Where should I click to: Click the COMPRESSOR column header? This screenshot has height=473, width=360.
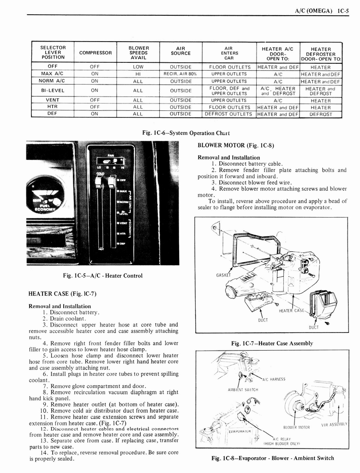click(96, 53)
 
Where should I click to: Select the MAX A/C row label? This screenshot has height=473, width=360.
click(53, 74)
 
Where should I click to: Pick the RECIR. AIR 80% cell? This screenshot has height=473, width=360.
click(180, 74)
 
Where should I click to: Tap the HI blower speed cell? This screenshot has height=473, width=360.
click(138, 74)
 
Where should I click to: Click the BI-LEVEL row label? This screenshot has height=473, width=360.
click(53, 91)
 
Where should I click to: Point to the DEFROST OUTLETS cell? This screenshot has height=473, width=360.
click(229, 114)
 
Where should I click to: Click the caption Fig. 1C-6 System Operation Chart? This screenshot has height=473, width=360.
click(180, 133)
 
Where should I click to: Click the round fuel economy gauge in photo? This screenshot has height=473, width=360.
click(45, 194)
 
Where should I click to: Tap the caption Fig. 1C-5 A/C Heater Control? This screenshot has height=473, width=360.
click(102, 276)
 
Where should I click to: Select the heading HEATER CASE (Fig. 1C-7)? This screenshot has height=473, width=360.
click(62, 294)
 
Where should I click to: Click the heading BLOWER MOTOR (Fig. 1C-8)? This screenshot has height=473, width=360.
click(236, 145)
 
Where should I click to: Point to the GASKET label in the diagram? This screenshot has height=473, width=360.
click(223, 275)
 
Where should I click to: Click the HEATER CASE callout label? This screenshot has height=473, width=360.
click(292, 311)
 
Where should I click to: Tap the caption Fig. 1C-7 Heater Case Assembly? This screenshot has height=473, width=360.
click(272, 343)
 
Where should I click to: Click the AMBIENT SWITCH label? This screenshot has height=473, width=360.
click(242, 389)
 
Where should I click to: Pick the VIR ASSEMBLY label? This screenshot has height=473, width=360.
click(334, 424)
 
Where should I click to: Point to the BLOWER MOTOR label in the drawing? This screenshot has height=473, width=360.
click(296, 427)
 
